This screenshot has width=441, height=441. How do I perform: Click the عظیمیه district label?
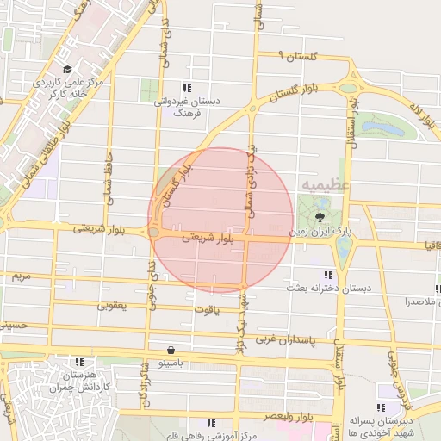pos(326,185)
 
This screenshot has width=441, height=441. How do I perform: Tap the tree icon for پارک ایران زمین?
pos(320,215)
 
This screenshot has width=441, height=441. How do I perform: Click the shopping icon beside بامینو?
pos(172,351)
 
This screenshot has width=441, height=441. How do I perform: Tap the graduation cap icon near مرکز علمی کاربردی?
pos(67,69)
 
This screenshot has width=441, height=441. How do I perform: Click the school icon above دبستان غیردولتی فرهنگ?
pos(186,88)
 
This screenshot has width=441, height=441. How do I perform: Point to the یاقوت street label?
pos(206,307)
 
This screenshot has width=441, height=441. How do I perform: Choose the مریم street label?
pos(22,276)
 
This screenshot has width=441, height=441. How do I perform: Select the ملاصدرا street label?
pos(419,301)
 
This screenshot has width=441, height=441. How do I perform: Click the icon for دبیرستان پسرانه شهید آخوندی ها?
pos(382,407)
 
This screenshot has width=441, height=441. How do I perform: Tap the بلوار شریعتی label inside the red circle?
pos(206,239)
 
